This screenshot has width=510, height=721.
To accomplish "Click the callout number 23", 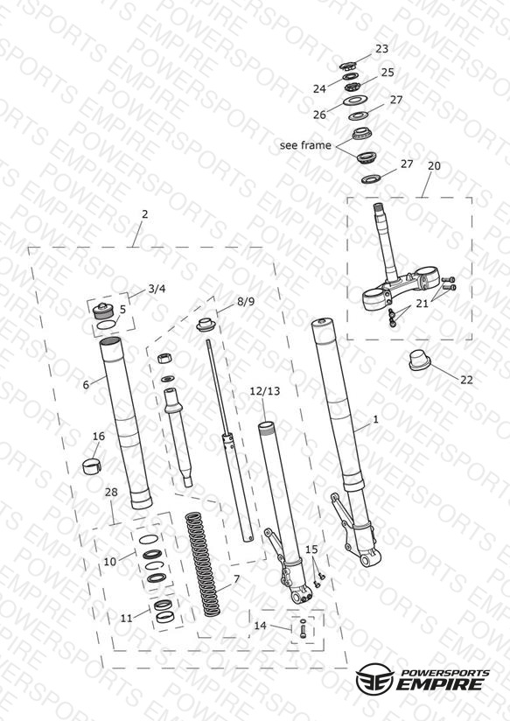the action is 381,49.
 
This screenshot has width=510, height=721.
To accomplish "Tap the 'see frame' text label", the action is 305,145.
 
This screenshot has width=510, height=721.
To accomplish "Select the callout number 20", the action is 434,165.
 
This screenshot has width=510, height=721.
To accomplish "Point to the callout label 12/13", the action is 264,391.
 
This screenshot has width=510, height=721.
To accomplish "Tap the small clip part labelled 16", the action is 92,465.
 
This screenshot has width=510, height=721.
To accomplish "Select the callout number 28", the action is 111,493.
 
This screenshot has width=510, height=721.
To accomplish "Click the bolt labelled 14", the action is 303,628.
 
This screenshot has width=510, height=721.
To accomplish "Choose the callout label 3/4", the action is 157,289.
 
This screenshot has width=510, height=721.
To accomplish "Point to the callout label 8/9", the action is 246,302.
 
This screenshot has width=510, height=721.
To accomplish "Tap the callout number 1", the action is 375,419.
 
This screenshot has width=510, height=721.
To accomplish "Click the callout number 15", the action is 311,549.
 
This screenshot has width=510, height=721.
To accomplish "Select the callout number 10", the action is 110,562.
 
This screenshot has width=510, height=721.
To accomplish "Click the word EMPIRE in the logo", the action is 442,683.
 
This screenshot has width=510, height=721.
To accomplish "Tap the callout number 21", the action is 423,304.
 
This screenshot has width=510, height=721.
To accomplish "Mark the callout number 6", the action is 86,384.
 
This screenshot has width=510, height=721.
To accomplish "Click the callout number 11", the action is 126,619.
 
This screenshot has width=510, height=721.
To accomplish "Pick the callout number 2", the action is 145,214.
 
